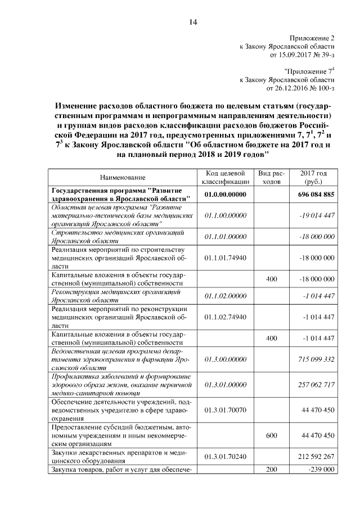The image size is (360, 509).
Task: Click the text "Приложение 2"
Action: [x=312, y=38]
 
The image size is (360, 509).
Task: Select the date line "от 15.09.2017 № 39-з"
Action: [x=303, y=55]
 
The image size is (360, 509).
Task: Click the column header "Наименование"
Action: [x=123, y=178]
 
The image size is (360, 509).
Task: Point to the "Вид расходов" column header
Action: [x=272, y=178]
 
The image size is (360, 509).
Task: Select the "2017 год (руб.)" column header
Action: [x=313, y=178]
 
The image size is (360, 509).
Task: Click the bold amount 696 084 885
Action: [x=313, y=195]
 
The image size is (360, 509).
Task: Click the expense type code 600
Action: [x=272, y=435]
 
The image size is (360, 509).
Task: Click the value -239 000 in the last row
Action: [x=320, y=469]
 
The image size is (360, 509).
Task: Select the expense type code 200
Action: [x=272, y=469]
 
